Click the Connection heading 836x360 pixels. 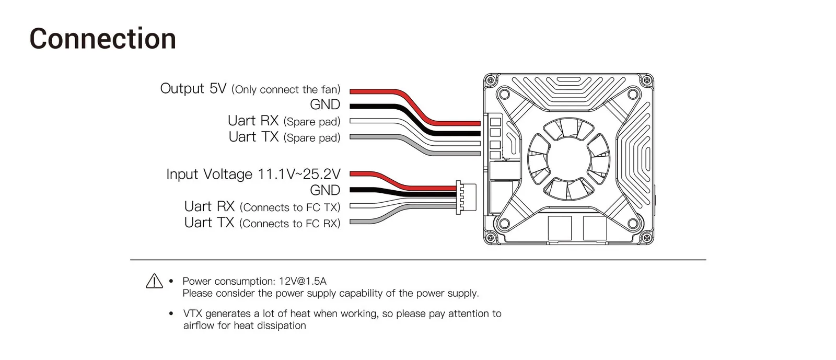click(x=102, y=39)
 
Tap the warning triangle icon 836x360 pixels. click(x=154, y=281)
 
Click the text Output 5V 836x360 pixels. click(x=193, y=88)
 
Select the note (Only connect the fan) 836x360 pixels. click(x=286, y=89)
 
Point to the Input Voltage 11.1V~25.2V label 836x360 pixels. click(x=253, y=174)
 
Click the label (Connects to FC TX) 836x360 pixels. click(x=290, y=207)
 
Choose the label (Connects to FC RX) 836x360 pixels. click(x=290, y=224)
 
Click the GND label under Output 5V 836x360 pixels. click(x=325, y=104)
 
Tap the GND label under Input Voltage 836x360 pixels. click(x=325, y=190)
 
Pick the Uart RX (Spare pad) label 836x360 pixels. click(x=284, y=121)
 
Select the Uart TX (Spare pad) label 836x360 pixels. click(x=284, y=137)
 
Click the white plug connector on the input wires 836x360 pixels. click(x=466, y=198)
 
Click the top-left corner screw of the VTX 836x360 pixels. click(x=491, y=80)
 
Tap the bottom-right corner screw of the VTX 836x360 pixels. click(x=646, y=238)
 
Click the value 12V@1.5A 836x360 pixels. click(x=303, y=281)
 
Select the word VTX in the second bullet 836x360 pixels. click(x=193, y=313)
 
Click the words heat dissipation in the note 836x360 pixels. click(x=270, y=326)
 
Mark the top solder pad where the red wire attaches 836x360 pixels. click(x=495, y=122)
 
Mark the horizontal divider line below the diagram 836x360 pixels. click(x=418, y=260)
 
